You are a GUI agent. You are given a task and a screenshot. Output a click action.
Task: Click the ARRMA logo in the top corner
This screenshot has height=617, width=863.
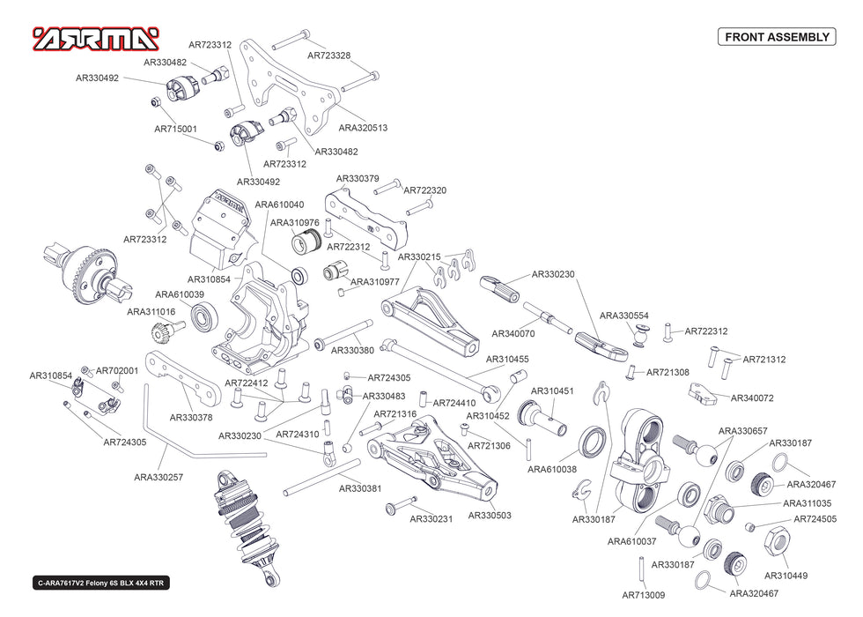coord(96,38)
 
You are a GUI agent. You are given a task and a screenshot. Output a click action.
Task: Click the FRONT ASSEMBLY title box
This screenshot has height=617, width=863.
coord(776,37)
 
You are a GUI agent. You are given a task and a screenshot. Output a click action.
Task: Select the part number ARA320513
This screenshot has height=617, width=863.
coord(363,127)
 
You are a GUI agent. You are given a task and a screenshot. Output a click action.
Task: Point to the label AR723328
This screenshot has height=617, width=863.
coord(328,56)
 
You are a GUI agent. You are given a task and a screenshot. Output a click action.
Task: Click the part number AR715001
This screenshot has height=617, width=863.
coord(176,129)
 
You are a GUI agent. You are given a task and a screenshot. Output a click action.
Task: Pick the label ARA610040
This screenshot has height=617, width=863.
coord(279,204)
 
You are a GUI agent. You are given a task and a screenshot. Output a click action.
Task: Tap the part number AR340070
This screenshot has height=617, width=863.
coord(513,334)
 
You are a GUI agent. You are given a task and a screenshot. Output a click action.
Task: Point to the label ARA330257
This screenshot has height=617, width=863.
coord(159,477)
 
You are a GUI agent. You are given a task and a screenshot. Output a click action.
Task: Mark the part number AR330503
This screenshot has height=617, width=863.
coord(489,515)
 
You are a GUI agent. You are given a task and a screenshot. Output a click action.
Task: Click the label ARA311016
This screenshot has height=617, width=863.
coord(151,311)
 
